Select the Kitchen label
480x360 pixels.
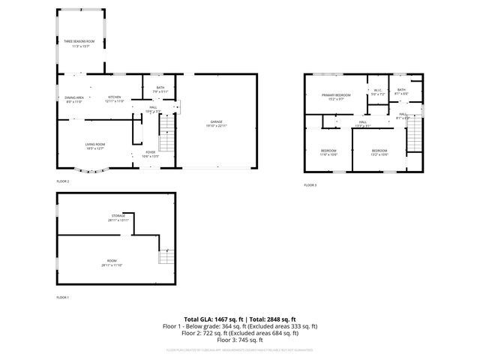pyautogui.click(x=115, y=98)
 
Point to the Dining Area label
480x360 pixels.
pyautogui.click(x=74, y=98)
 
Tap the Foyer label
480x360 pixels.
pyautogui.click(x=150, y=154)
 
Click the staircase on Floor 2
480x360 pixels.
pyautogui.click(x=166, y=140)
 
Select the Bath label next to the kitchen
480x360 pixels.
pyautogui.click(x=160, y=89)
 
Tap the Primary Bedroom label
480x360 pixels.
pyautogui.click(x=336, y=96)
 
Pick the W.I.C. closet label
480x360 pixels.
pyautogui.click(x=378, y=93)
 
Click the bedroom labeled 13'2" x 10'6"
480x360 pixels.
pyautogui.click(x=379, y=152)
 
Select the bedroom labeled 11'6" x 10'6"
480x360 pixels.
pyautogui.click(x=329, y=152)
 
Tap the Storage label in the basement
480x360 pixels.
pyautogui.click(x=118, y=217)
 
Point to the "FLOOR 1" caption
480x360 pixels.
pyautogui.click(x=63, y=298)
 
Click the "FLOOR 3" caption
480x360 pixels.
pyautogui.click(x=310, y=184)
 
